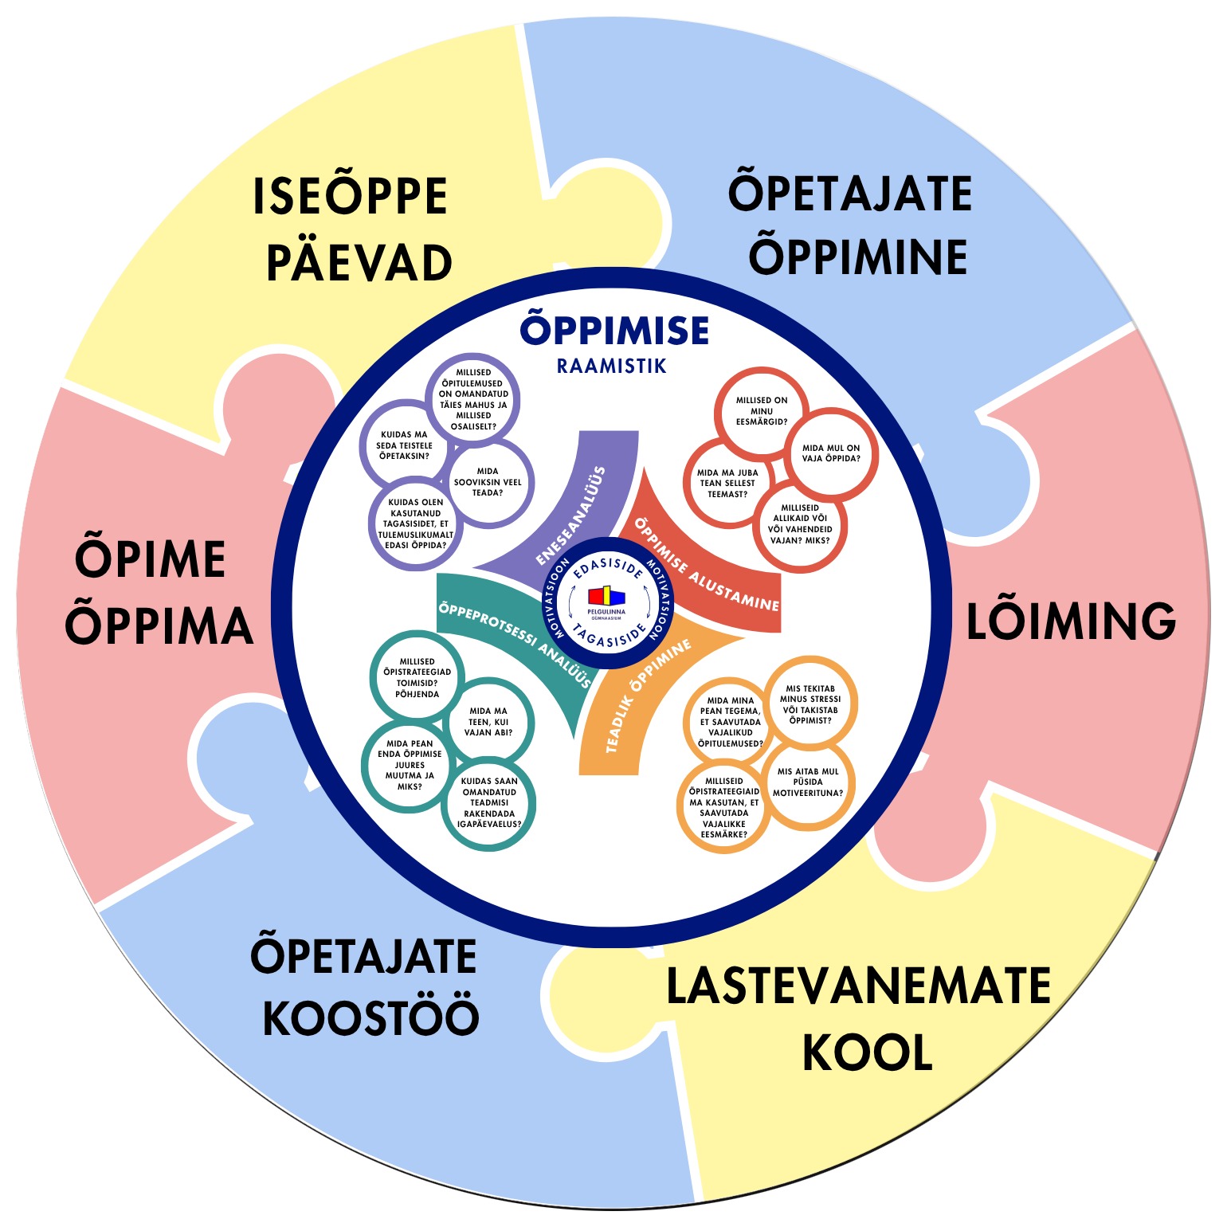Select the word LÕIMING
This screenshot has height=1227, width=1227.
pos(1071,621)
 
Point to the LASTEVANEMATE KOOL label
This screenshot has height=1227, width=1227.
pos(859,1020)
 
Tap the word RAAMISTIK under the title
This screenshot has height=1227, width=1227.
pos(612,367)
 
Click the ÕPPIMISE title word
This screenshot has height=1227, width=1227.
pos(614,330)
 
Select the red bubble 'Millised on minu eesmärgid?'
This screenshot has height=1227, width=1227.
pos(761,411)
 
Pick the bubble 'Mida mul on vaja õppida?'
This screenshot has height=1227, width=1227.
pos(831,453)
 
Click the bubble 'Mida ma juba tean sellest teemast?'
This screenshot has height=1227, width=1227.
pos(728,484)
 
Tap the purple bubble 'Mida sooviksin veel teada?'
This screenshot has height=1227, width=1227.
pos(488,482)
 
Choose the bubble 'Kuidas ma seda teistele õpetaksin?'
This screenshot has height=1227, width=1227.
pos(405,445)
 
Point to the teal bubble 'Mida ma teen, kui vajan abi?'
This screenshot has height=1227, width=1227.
pos(488,722)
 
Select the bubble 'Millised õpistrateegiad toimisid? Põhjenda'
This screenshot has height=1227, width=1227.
pos(417,678)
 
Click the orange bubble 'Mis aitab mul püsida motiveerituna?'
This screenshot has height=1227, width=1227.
pos(808,782)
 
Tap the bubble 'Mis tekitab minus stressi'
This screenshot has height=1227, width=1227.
pos(810,704)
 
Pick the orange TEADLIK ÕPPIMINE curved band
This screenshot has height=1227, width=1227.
pos(637,701)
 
